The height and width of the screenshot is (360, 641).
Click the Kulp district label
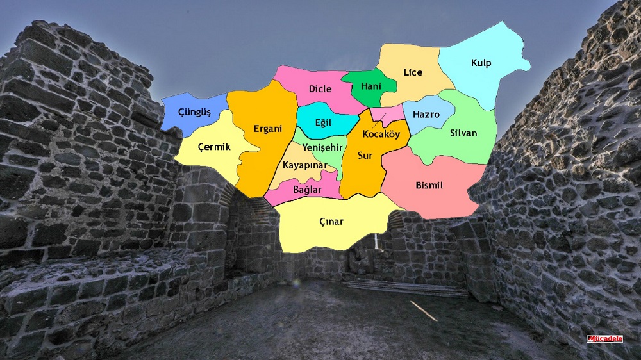tap(481, 63)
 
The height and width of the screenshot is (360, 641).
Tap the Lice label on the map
tap(413, 72)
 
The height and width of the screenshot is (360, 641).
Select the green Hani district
tap(371, 86)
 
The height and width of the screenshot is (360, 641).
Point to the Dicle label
tap(320, 89)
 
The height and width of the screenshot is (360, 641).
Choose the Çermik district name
tap(214, 147)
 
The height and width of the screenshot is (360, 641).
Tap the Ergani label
tap(267, 129)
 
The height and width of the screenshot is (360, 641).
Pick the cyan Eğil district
tap(324, 123)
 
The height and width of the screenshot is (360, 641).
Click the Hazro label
tap(426, 115)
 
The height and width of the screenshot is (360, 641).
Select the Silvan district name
tap(463, 133)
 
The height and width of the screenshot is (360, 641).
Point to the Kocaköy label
tap(381, 135)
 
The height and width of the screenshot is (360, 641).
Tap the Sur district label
tap(365, 156)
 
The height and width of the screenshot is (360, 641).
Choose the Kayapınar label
tap(305, 166)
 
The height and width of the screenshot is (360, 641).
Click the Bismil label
tap(429, 185)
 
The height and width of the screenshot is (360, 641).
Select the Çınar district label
tap(331, 222)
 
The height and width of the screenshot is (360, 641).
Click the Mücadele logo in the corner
tap(605, 338)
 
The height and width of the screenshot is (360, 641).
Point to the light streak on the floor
tap(423, 311)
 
